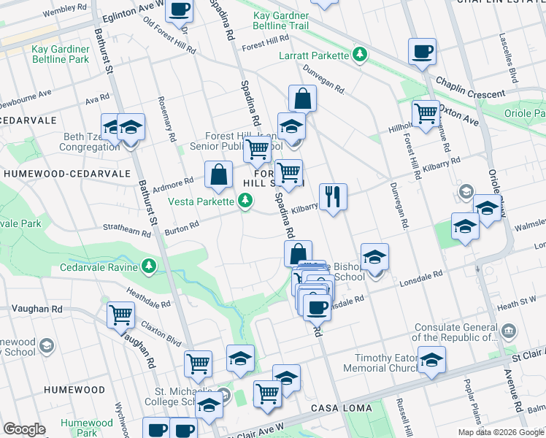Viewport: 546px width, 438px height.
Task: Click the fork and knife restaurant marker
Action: [333, 196]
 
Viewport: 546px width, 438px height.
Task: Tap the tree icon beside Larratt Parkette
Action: [359, 54]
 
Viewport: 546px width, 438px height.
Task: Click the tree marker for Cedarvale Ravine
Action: [150, 266]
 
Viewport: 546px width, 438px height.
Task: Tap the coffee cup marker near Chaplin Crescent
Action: [422, 52]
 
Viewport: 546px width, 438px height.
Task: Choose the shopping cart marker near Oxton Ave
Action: [425, 113]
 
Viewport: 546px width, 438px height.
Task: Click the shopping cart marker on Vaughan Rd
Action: [120, 315]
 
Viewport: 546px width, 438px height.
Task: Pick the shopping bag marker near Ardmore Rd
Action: [218, 174]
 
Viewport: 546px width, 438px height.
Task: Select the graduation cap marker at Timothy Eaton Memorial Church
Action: [431, 360]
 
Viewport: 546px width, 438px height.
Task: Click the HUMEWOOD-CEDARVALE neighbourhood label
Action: [66, 174]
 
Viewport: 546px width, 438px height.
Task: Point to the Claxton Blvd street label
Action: [161, 333]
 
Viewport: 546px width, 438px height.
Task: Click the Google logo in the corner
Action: [24, 429]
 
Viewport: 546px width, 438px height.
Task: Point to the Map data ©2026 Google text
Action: [500, 432]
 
